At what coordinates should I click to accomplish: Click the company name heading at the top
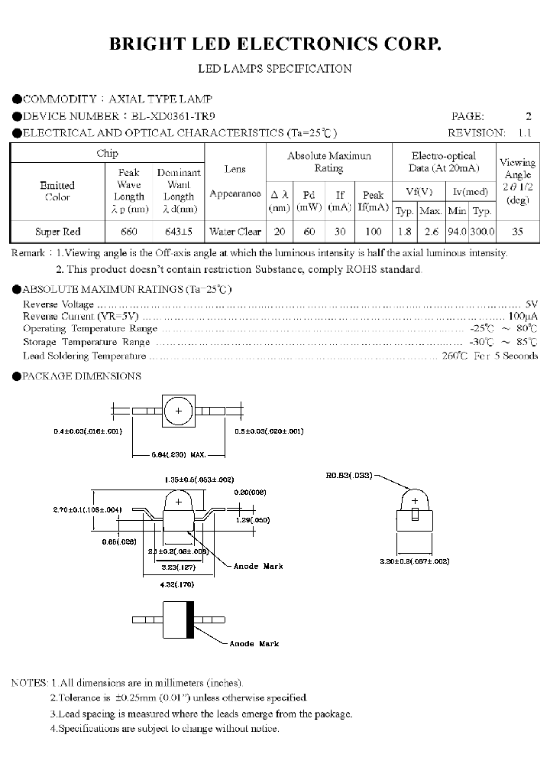click(x=275, y=45)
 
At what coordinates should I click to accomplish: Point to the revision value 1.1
click(x=524, y=132)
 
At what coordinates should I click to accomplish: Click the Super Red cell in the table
click(x=57, y=231)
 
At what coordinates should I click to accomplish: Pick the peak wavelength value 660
click(x=129, y=231)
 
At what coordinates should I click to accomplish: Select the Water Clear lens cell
click(x=235, y=231)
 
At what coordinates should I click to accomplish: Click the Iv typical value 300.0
click(x=482, y=231)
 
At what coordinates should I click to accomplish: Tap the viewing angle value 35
click(x=517, y=231)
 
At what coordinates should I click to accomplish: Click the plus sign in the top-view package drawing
click(x=179, y=411)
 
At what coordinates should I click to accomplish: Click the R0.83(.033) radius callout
click(x=348, y=476)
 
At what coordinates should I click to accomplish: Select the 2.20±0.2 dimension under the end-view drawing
click(x=415, y=561)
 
